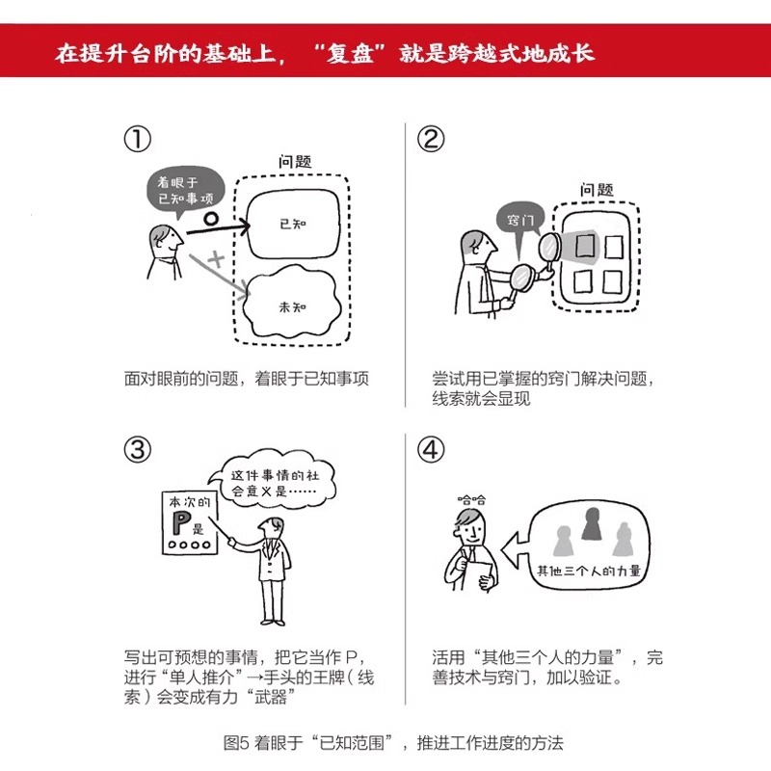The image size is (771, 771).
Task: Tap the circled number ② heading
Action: coord(431,140)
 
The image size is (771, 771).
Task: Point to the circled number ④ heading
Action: coord(431,448)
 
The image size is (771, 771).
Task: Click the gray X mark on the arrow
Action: coord(217,259)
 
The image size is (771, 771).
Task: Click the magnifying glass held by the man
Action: coord(520,277)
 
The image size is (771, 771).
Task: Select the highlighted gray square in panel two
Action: coord(585,247)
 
